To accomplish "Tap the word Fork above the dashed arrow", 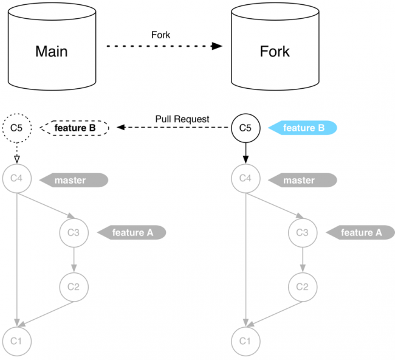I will click(x=161, y=35).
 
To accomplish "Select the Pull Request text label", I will click(x=182, y=119).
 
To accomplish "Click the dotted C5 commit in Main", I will click(x=17, y=128).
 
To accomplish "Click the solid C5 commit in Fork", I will click(x=246, y=128).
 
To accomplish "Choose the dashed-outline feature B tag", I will click(x=75, y=128).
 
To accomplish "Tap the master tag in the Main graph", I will click(x=74, y=180).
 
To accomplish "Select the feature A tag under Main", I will click(x=132, y=232).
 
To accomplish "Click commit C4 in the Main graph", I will click(x=17, y=179).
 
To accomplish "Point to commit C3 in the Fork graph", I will click(x=302, y=232).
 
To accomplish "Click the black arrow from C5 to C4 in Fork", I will click(x=246, y=153).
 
